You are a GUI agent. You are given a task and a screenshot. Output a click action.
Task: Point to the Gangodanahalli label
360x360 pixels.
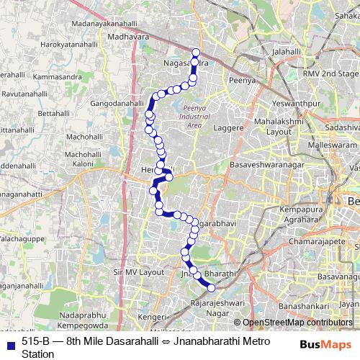pyautogui.click(x=117, y=104)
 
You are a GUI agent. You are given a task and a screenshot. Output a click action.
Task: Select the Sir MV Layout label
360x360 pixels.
pyautogui.click(x=139, y=273)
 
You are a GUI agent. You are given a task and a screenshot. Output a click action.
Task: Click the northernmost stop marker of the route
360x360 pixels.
pyautogui.click(x=195, y=50)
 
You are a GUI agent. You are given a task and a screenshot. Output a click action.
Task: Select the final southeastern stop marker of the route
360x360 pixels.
pyautogui.click(x=212, y=288)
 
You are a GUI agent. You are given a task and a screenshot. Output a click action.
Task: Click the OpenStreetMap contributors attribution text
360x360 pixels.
pyautogui.click(x=297, y=322)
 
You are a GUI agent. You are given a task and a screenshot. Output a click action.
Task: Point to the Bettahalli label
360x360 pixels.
pyautogui.click(x=51, y=113)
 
